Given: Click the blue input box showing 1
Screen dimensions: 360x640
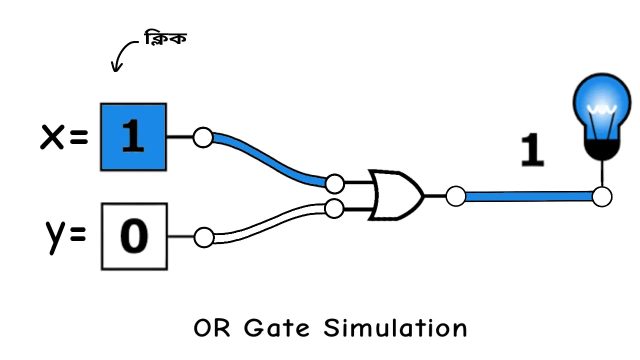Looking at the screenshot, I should tap(133, 137).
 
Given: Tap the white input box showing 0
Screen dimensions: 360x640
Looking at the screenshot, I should tap(134, 236).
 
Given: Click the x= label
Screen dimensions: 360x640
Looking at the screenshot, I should tap(64, 137).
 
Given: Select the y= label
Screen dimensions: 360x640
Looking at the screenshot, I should tap(65, 236).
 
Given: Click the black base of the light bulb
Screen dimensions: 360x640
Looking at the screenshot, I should tap(601, 149).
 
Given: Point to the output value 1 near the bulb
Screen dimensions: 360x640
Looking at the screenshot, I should tap(532, 150).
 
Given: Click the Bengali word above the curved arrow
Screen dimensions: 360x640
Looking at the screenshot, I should tap(165, 38).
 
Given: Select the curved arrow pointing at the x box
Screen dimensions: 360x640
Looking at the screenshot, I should tap(122, 54).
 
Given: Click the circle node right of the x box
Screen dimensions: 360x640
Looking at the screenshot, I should tap(203, 137).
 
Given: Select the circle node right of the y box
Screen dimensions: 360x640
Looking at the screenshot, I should tap(203, 237).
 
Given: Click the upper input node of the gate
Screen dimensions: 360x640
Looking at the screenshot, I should tap(334, 184).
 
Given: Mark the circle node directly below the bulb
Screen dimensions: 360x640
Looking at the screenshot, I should tap(601, 197).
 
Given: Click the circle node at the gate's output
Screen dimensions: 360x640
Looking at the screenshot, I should tap(455, 196).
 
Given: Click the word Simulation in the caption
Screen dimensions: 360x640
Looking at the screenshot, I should tap(395, 328).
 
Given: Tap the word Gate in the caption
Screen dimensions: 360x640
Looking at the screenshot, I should tap(276, 328).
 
